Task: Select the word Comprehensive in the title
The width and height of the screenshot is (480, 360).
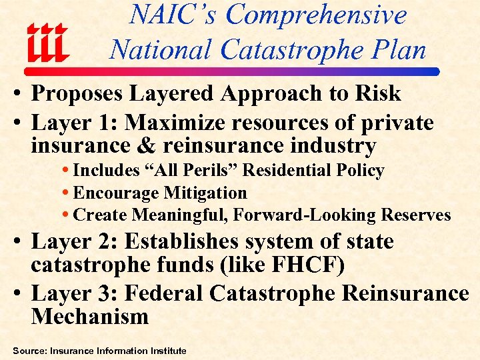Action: click(316, 15)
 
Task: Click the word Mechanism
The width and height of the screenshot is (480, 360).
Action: click(89, 315)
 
